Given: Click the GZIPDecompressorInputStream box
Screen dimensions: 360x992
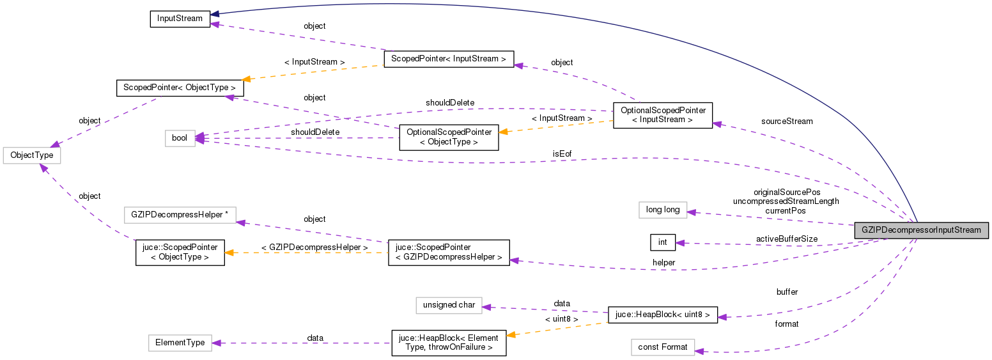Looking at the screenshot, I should click(922, 230).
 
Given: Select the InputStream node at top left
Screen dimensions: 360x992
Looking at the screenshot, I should click(180, 19).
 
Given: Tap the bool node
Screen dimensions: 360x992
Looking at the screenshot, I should click(180, 137).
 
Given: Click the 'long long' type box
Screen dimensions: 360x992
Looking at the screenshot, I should click(663, 209).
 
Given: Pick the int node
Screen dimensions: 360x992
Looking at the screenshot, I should click(663, 242).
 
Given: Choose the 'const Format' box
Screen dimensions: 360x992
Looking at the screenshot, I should click(662, 347).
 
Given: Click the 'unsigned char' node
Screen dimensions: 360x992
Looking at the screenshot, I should click(449, 305).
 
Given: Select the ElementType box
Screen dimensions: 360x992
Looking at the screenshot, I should click(180, 343).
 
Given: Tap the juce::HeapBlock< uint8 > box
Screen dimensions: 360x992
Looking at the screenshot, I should click(662, 315).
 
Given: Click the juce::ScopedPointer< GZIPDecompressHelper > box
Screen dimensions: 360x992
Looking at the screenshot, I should click(449, 253).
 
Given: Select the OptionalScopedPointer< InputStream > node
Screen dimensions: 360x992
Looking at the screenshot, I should click(662, 115).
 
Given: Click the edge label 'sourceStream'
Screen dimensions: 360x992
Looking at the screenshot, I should click(787, 121).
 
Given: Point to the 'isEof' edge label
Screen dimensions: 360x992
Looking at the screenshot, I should click(562, 154).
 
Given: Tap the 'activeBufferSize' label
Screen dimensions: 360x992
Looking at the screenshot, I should click(786, 239).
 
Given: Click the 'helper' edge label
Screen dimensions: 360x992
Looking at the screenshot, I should click(663, 262).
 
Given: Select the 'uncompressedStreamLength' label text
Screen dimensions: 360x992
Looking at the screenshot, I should click(786, 201).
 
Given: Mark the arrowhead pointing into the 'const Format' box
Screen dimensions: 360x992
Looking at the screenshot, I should click(699, 351).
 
